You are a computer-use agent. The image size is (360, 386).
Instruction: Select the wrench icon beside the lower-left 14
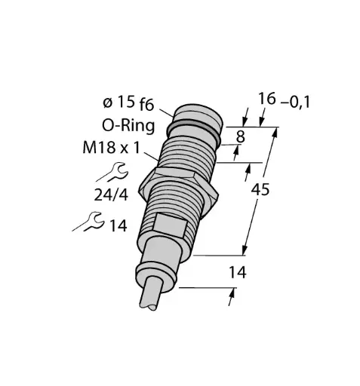point(90,222)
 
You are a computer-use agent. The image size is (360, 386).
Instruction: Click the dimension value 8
point(240,138)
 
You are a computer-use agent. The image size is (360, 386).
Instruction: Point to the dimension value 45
point(261,191)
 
